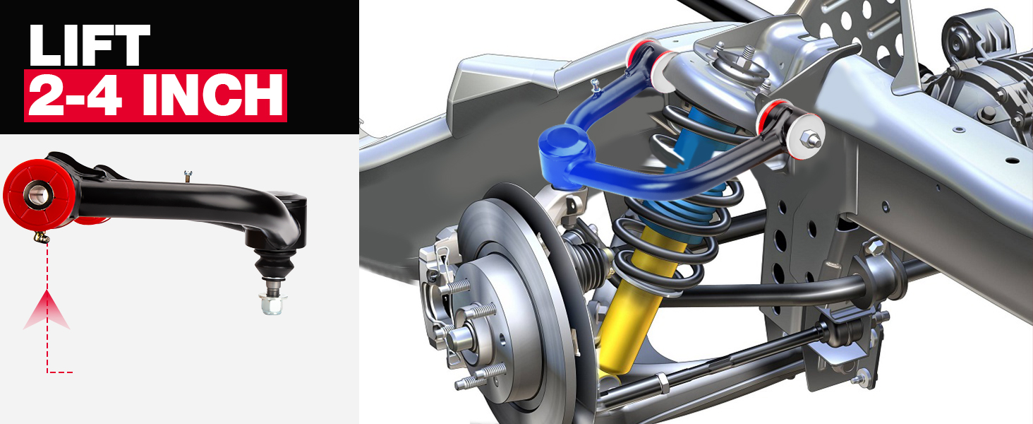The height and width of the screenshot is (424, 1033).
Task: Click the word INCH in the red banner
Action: tap(212, 95)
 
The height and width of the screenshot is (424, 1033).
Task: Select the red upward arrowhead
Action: tap(47, 311)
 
